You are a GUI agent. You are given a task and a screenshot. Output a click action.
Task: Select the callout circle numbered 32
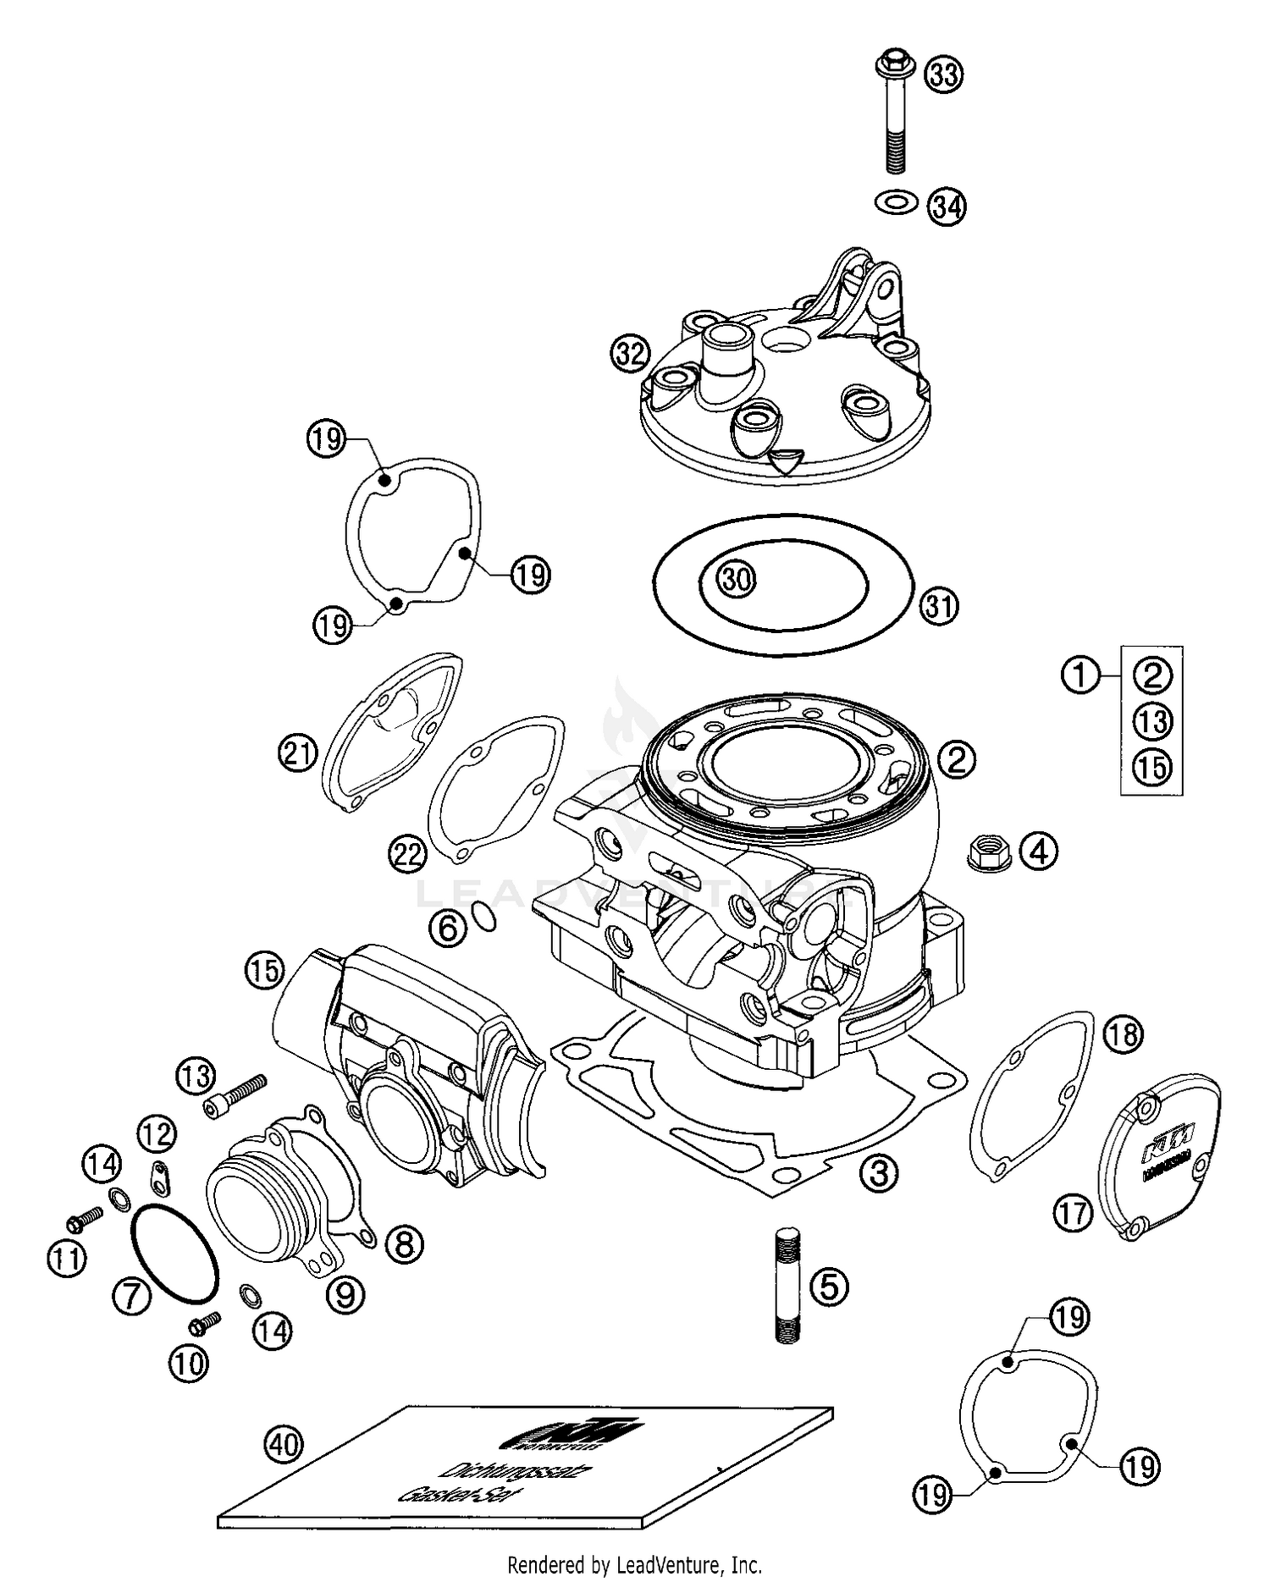(630, 355)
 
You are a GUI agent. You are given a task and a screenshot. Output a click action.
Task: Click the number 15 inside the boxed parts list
(1152, 768)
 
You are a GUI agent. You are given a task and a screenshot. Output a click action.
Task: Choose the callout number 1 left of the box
(1080, 675)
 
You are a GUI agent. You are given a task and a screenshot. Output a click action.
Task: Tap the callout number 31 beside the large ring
(939, 606)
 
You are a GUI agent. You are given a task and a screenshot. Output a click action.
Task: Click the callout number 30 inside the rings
(736, 580)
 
